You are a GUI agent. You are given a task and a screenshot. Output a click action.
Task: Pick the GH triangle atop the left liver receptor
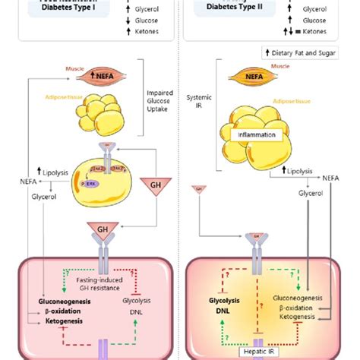click(103, 228)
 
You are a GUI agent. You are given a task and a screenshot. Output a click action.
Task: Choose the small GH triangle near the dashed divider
click(198, 188)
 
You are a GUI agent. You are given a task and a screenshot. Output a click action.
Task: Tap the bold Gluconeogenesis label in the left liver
click(50, 302)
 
